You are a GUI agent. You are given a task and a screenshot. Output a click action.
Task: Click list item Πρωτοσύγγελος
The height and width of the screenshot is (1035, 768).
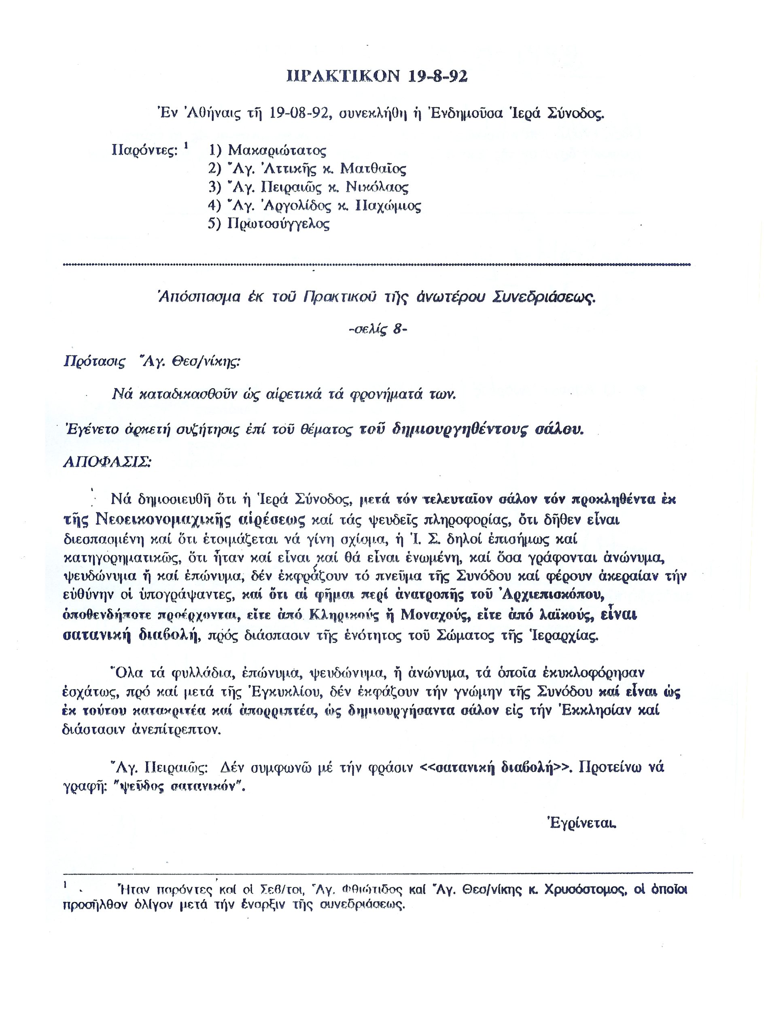(x=278, y=224)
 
